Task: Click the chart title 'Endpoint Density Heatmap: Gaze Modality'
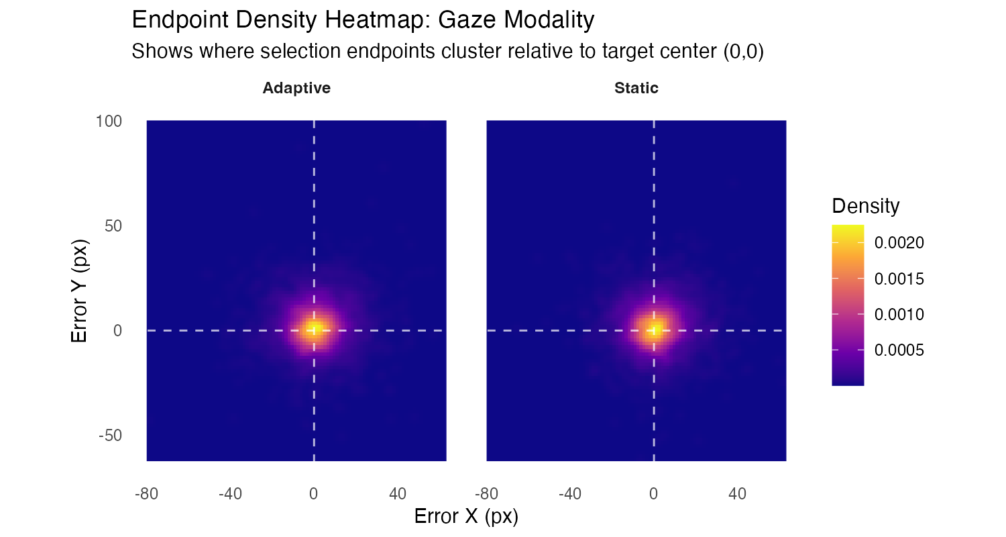(x=363, y=20)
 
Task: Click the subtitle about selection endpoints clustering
(x=447, y=52)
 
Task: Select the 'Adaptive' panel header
(x=296, y=88)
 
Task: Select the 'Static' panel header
(x=636, y=88)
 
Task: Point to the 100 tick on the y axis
(x=109, y=121)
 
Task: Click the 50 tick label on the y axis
(x=113, y=226)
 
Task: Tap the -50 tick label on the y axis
(x=111, y=435)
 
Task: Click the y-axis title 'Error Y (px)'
(x=80, y=289)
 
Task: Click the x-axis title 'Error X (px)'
(x=466, y=516)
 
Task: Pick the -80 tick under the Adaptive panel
(x=146, y=494)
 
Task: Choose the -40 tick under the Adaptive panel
(x=229, y=494)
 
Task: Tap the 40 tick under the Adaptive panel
(x=397, y=494)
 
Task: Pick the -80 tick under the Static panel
(x=486, y=494)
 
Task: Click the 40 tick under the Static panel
(x=737, y=494)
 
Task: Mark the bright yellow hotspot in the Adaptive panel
(x=314, y=329)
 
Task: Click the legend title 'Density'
(x=865, y=206)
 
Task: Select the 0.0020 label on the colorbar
(x=899, y=243)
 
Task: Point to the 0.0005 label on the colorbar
(x=899, y=350)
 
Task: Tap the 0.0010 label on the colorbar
(x=899, y=314)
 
